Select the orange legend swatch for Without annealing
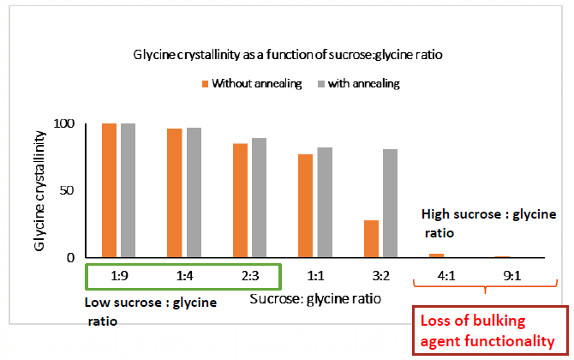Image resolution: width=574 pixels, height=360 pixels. tap(205, 84)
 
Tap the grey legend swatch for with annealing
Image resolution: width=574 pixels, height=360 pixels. tap(323, 84)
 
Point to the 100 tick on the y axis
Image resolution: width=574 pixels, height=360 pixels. tap(75, 123)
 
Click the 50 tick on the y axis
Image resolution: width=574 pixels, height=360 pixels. tap(79, 190)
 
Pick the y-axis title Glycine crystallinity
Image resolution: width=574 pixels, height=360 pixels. tap(40, 191)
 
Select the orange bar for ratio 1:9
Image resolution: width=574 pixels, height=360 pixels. tap(109, 189)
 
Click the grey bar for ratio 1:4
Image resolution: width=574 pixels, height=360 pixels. tap(194, 192)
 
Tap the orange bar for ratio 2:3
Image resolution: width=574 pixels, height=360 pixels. tap(240, 200)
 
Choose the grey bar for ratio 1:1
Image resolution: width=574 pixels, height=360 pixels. tap(325, 202)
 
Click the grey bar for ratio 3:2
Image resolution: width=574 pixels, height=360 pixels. tap(390, 203)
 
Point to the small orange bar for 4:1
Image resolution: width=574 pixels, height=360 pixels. tap(436, 255)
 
